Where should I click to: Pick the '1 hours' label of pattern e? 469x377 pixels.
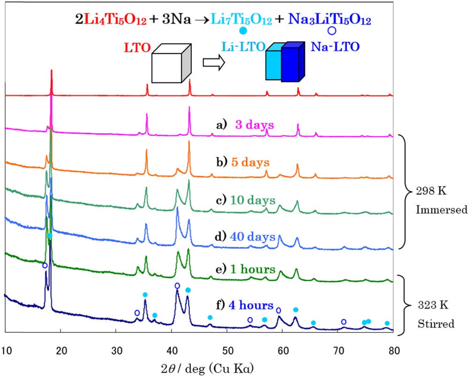pos(252,269)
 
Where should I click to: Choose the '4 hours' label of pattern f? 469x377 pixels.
pos(251,305)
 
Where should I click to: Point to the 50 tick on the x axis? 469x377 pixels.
pos(227,350)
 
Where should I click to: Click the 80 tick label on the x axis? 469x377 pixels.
pos(393,350)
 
